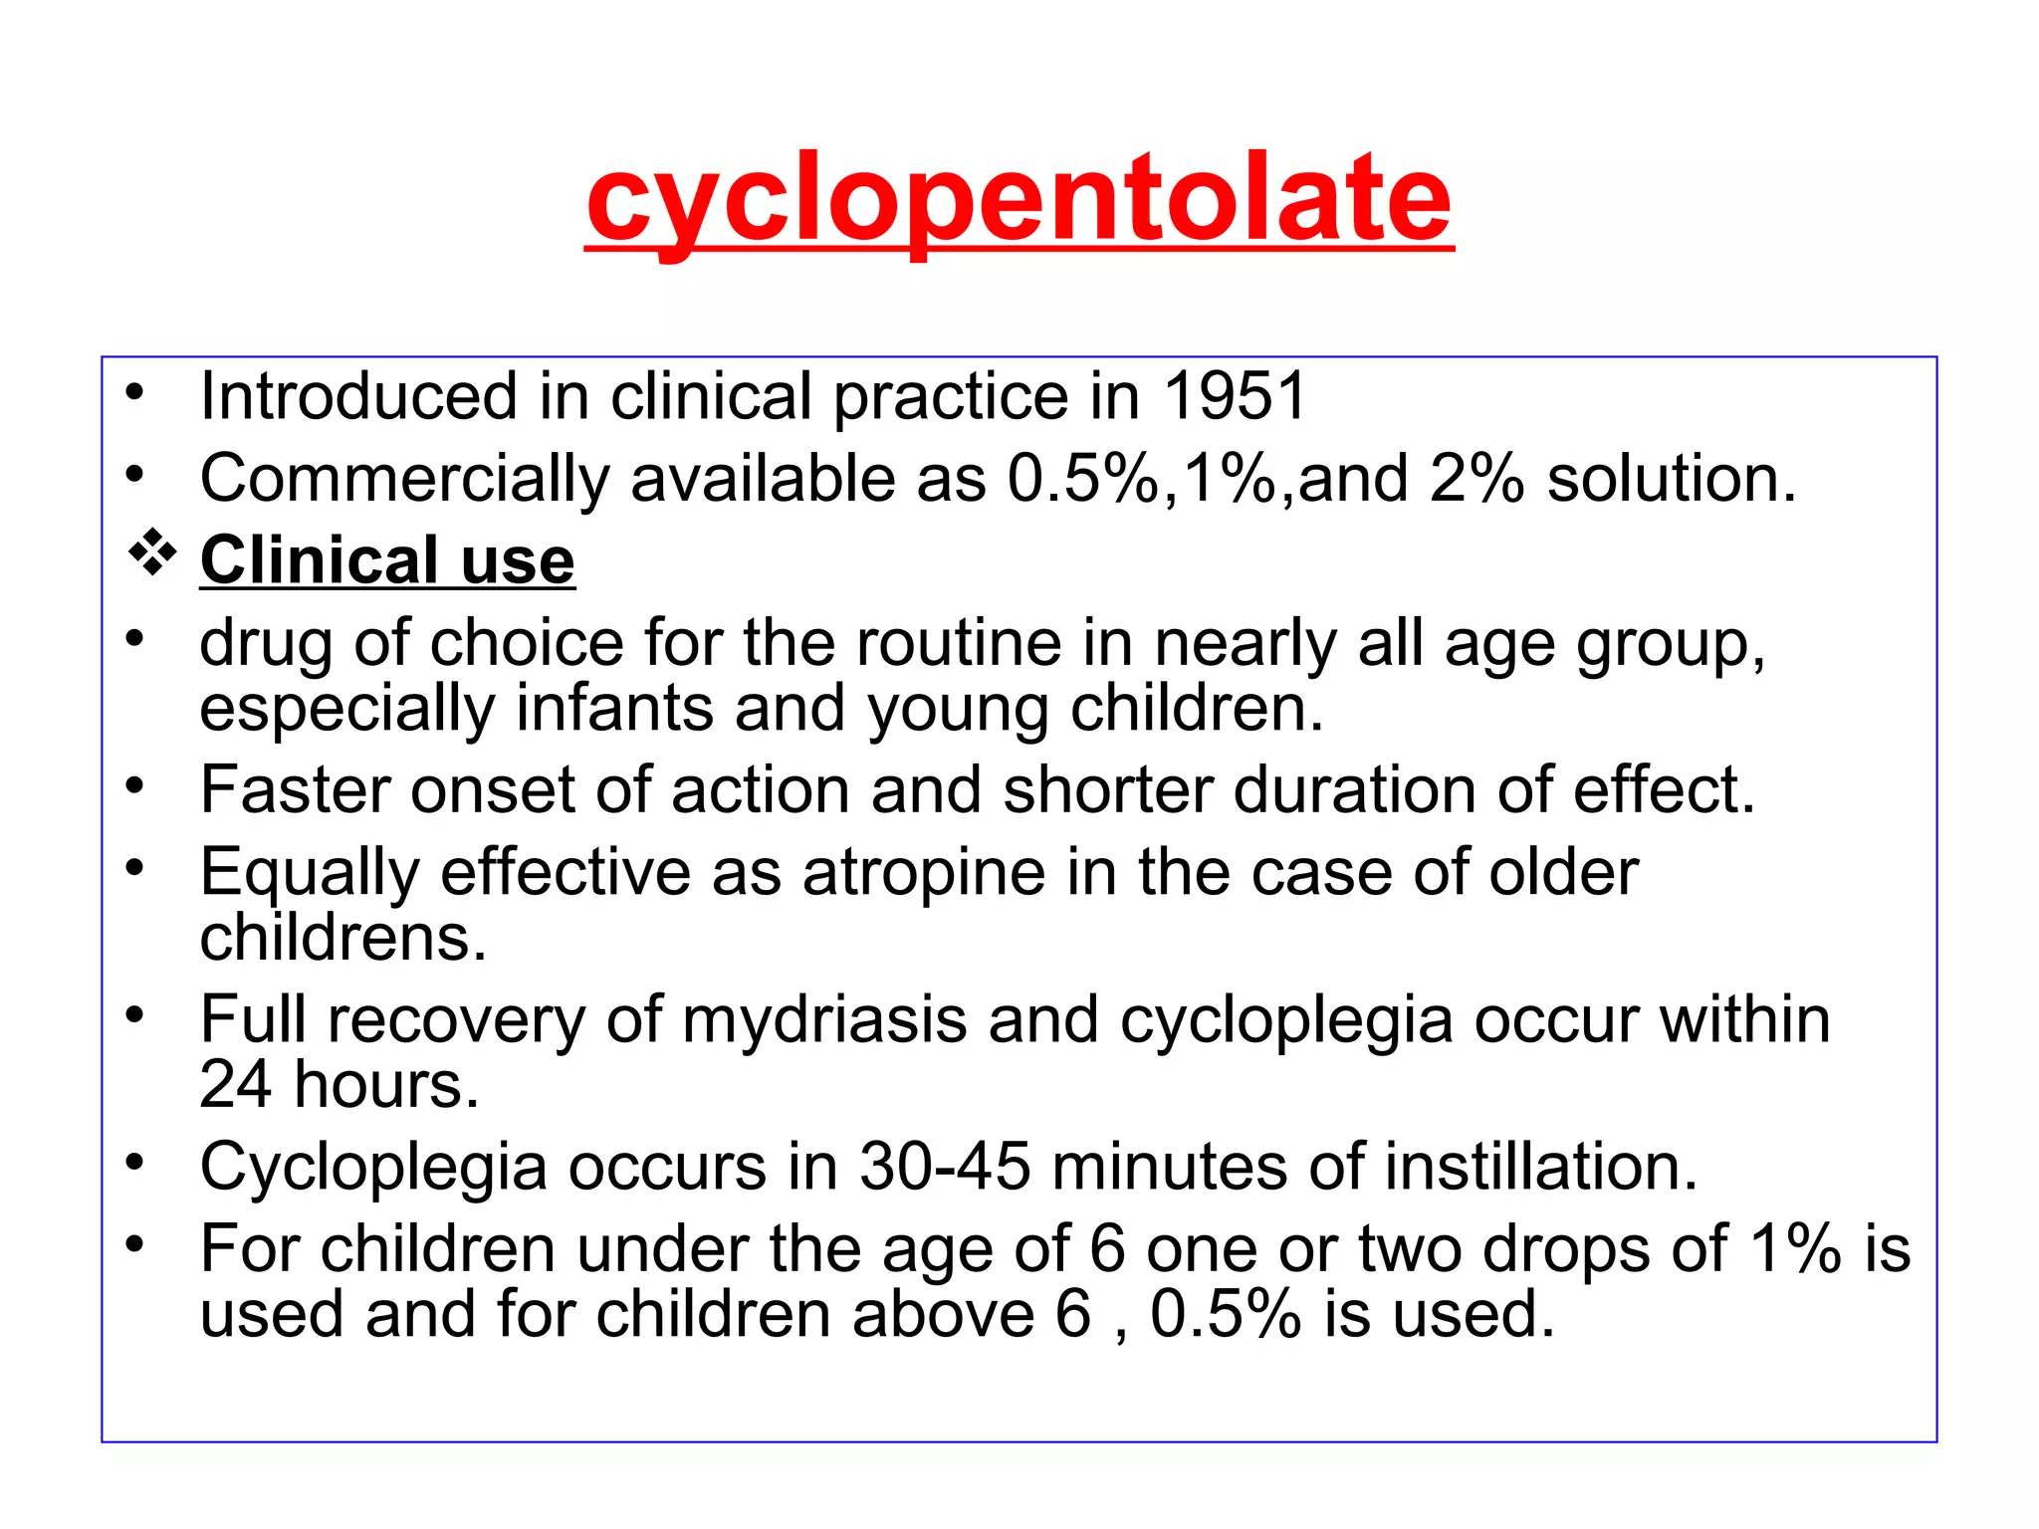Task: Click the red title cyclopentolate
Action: (x=1019, y=199)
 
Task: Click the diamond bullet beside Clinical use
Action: (x=152, y=555)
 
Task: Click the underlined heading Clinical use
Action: (x=387, y=560)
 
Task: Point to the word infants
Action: (x=614, y=709)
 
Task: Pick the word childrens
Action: (x=342, y=938)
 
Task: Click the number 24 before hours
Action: (x=235, y=1084)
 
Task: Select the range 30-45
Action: (x=944, y=1167)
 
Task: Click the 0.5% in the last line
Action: (x=1225, y=1314)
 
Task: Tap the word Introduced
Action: (x=358, y=396)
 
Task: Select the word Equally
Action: (x=310, y=873)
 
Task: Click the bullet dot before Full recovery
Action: (x=135, y=1015)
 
